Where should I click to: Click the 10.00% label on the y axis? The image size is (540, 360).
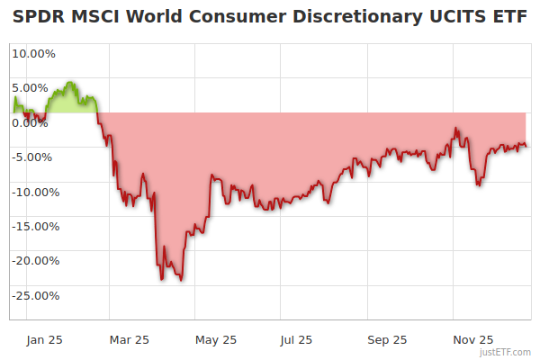33,53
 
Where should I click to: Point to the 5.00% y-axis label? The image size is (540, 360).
31,87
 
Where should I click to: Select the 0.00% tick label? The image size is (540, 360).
31,122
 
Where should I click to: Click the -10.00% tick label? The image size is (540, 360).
34,192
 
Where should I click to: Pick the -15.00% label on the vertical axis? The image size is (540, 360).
34,226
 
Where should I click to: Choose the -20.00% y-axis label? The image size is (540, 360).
34,261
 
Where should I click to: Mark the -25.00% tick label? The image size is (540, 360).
34,295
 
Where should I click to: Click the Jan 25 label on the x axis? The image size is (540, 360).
44,339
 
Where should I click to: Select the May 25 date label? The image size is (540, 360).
215,339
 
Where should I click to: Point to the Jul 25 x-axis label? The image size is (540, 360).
296,339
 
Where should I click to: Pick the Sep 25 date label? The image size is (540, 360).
386,339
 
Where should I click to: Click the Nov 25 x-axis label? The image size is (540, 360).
472,339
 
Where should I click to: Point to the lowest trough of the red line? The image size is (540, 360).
182,280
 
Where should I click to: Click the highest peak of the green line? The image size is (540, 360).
69,83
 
